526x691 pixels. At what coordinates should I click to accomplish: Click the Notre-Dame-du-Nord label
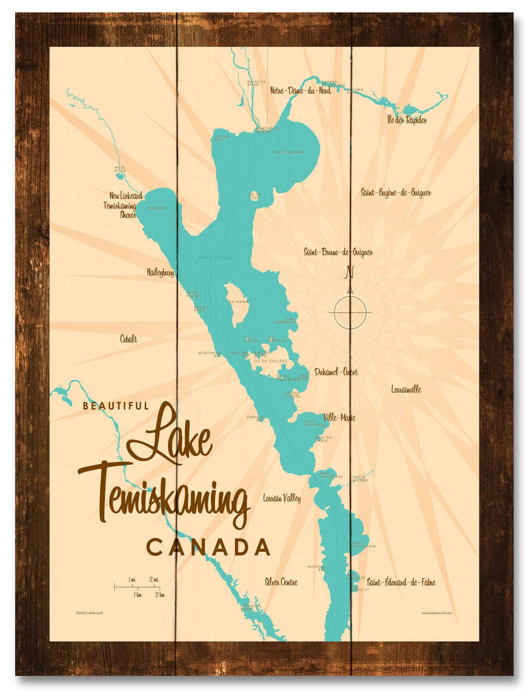pyautogui.click(x=300, y=91)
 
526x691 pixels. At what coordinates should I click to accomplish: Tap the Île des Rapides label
pyautogui.click(x=406, y=120)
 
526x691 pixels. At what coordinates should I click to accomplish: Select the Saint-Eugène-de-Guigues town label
pyautogui.click(x=395, y=192)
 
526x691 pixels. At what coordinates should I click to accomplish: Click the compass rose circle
pyautogui.click(x=350, y=313)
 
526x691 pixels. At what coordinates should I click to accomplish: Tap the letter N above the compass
pyautogui.click(x=350, y=272)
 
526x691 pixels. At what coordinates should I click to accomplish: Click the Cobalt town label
pyautogui.click(x=128, y=340)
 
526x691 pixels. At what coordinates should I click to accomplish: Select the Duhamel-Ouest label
pyautogui.click(x=335, y=372)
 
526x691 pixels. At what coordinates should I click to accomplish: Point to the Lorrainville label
pyautogui.click(x=406, y=389)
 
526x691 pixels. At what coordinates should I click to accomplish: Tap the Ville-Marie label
pyautogui.click(x=339, y=417)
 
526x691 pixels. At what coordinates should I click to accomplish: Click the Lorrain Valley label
pyautogui.click(x=281, y=498)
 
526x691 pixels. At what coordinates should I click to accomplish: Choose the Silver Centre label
pyautogui.click(x=281, y=582)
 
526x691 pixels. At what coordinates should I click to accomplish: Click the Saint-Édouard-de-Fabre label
pyautogui.click(x=400, y=583)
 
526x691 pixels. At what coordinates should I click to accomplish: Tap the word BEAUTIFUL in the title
pyautogui.click(x=115, y=406)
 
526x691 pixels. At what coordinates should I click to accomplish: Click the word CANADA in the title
pyautogui.click(x=208, y=548)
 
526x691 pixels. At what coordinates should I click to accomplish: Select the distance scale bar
pyautogui.click(x=137, y=587)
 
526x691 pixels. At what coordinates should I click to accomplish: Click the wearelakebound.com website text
pyautogui.click(x=436, y=613)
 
